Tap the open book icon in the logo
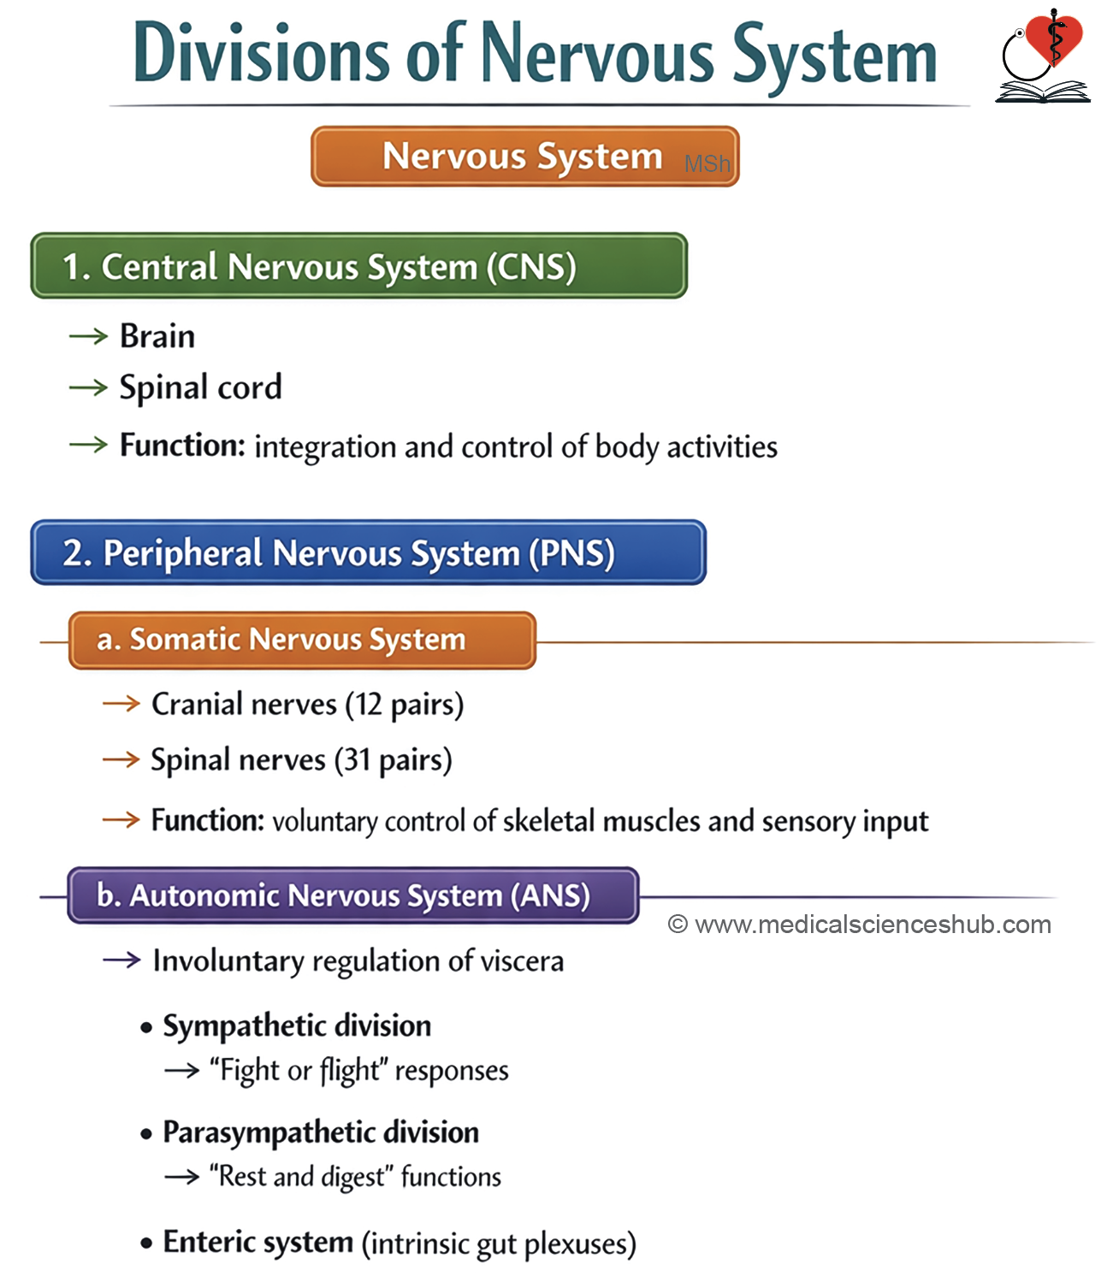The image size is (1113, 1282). pos(1043,92)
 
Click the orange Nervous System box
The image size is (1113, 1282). pos(525,157)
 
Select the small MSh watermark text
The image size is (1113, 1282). pos(707,163)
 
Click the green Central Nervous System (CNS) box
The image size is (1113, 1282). pos(359,266)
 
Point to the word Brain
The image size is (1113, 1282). pos(157,336)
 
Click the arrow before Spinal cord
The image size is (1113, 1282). pos(88,388)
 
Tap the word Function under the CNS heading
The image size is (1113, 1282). pos(182,446)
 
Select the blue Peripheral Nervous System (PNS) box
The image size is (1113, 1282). pos(369,552)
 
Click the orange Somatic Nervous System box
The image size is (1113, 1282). pos(302,641)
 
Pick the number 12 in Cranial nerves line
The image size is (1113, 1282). pos(369,704)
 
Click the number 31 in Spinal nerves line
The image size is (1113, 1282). pos(358,760)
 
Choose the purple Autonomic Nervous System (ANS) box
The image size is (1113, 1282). pos(353,895)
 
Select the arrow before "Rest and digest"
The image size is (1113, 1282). pos(181,1178)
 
